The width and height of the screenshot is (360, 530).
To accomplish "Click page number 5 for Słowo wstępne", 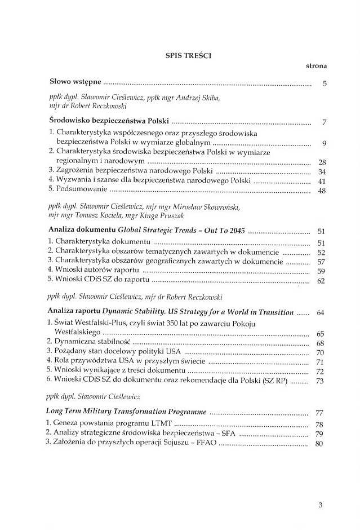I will (325, 85).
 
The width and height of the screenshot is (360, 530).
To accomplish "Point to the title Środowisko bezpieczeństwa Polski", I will (109, 121).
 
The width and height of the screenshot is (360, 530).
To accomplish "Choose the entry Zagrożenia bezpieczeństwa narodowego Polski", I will (134, 171).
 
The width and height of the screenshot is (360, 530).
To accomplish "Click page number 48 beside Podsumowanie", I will (322, 191).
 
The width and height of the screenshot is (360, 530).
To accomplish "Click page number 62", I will (322, 281).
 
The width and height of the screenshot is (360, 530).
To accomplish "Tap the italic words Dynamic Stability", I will (131, 312).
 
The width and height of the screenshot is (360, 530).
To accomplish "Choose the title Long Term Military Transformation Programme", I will (128, 412).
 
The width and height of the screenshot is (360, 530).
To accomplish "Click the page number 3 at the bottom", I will (320, 505).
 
